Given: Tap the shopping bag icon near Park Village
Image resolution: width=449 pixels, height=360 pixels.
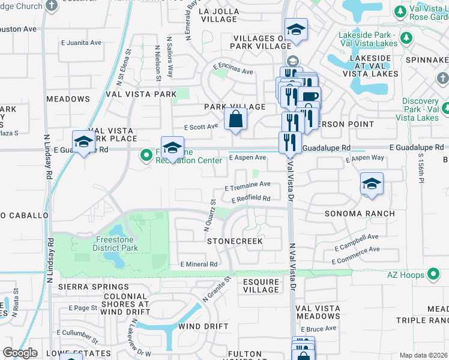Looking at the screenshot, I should (x=236, y=119).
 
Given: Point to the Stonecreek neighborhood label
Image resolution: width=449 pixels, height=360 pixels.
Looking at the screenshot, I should (x=235, y=241).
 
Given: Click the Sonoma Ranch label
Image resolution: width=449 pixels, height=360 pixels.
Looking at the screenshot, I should (x=360, y=214).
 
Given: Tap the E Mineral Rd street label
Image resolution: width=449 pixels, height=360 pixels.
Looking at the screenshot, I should (x=199, y=264).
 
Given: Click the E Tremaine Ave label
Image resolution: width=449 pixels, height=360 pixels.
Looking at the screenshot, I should (x=247, y=185).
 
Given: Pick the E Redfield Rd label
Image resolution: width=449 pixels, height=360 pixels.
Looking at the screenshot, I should (x=247, y=199).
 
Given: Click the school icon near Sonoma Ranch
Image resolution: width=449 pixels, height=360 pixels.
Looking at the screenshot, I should (x=372, y=184).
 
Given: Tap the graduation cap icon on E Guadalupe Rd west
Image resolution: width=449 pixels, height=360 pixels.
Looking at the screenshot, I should (x=83, y=142).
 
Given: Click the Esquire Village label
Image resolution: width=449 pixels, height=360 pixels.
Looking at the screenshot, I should (x=261, y=286).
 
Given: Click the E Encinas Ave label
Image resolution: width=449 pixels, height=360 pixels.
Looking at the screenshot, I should (x=232, y=70).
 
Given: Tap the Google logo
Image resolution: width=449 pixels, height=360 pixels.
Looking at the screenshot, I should (x=20, y=353).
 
